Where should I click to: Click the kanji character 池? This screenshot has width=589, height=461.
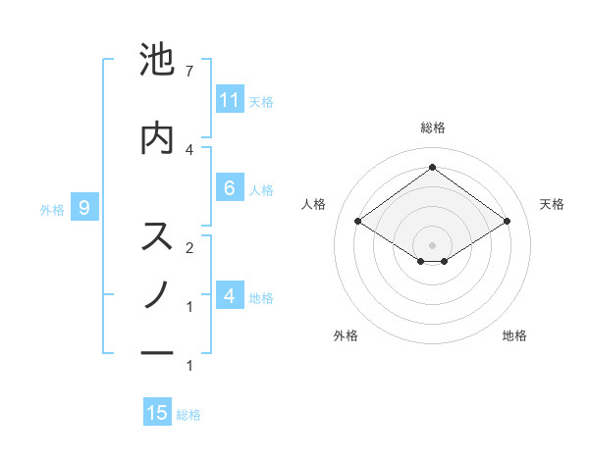tap(157, 62)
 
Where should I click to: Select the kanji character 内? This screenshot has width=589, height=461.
tap(157, 138)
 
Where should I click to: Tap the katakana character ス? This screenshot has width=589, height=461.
tap(157, 235)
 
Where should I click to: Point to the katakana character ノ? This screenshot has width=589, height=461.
tap(157, 293)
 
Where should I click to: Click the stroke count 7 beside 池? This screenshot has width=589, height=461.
tap(189, 72)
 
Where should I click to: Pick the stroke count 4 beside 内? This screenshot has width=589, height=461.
tap(189, 148)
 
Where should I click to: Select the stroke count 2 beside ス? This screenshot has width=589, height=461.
tap(189, 246)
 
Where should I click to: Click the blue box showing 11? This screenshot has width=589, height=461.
tap(230, 100)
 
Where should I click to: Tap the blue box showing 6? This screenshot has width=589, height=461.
tap(230, 188)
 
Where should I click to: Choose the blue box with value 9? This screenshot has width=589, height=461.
tap(84, 207)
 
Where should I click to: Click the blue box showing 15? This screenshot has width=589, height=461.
tap(157, 413)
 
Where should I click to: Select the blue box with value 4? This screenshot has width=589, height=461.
tap(230, 296)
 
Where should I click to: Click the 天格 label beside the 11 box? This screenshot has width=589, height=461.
tap(261, 101)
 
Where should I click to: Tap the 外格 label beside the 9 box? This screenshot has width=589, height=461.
tap(52, 208)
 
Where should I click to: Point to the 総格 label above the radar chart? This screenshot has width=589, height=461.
tap(432, 128)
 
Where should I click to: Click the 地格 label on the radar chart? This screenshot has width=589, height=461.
tap(514, 335)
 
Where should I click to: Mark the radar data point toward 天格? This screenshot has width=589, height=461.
tap(507, 222)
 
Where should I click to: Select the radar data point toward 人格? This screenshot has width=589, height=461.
tap(358, 222)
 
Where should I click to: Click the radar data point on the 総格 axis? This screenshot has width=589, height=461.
tap(432, 167)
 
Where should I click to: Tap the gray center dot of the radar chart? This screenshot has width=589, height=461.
tap(432, 244)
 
